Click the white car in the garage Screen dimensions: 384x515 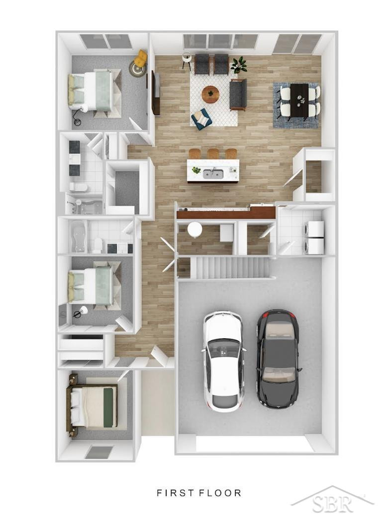point(224,361)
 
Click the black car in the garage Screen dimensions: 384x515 point(278,359)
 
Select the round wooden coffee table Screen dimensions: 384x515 point(210,94)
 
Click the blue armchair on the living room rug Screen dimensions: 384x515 point(201,119)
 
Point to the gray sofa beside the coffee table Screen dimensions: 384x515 point(238,95)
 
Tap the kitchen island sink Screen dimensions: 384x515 point(213,174)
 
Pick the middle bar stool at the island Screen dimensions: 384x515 point(213,154)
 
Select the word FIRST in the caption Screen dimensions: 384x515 point(173,493)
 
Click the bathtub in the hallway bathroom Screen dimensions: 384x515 point(78,237)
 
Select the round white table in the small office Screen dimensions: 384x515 point(194,229)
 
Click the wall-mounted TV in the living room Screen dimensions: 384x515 point(155,93)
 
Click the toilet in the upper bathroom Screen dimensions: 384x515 point(79,187)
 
